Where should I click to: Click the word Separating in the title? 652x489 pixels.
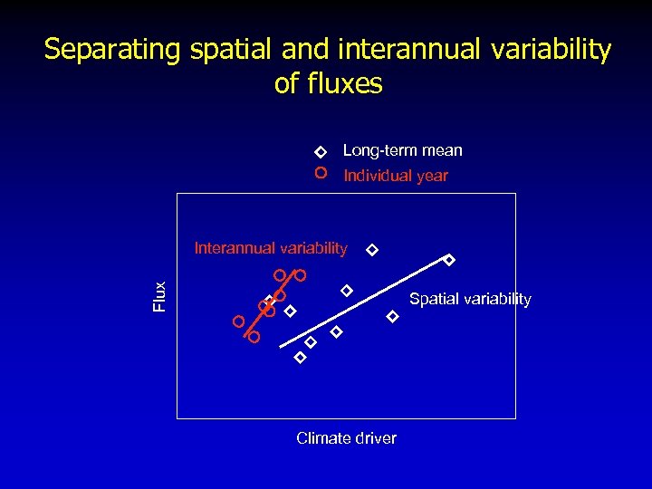tap(114, 50)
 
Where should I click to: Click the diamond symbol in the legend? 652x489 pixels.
tap(320, 151)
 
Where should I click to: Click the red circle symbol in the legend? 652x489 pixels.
tap(320, 173)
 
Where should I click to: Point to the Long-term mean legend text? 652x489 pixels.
tap(402, 150)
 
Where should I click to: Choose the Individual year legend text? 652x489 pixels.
tap(396, 176)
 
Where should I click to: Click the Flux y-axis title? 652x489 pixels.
tap(160, 297)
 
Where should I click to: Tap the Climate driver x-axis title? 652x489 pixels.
tap(346, 438)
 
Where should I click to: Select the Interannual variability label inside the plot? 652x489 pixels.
tap(271, 248)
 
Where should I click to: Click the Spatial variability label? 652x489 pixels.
tap(470, 299)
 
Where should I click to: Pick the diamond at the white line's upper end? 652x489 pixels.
tap(448, 260)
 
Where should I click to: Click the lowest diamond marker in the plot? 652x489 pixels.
tap(301, 358)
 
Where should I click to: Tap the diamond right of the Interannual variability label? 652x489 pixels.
tap(371, 249)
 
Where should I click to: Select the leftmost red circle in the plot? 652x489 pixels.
tap(238, 321)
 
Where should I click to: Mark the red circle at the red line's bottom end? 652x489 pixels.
tap(254, 337)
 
